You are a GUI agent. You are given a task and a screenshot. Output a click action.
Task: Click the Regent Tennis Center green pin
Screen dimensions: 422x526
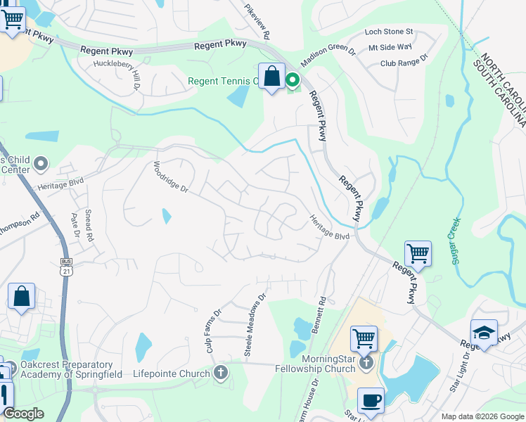point(292,81)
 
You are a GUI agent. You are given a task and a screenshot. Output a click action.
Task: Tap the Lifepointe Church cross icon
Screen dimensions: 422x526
point(221,372)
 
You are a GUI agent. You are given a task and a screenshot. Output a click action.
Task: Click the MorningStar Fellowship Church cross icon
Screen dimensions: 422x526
point(365,363)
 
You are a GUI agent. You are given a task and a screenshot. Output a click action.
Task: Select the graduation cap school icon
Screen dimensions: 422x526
point(484,332)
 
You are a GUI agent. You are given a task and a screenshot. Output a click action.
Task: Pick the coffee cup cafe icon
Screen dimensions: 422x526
point(371,401)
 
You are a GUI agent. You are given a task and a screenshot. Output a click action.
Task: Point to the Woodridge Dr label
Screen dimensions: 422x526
point(172,177)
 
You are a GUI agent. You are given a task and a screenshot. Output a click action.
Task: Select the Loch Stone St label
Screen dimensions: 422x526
point(389,32)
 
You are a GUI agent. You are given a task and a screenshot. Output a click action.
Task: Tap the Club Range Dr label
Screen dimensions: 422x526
point(404,62)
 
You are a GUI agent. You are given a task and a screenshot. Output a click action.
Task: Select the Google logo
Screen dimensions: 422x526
point(23,414)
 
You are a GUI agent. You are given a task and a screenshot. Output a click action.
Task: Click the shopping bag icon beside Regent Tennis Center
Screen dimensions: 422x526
point(271,77)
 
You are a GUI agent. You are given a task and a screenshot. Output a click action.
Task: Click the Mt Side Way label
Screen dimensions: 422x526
point(390,46)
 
